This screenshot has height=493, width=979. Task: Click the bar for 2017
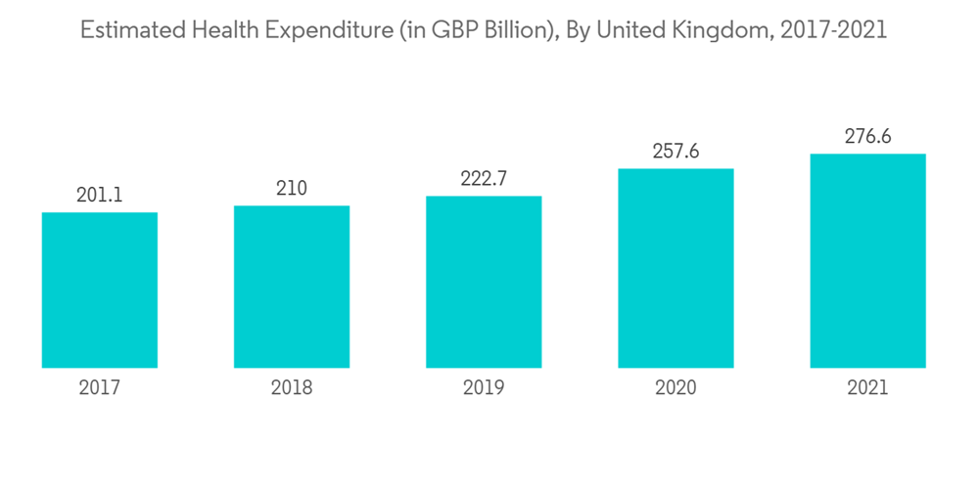100,291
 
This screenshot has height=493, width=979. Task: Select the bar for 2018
292,287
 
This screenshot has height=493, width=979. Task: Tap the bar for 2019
484,282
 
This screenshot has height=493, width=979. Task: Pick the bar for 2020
676,268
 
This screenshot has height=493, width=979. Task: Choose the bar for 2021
867,260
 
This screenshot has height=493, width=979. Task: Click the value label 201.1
100,196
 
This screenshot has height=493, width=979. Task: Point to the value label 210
292,189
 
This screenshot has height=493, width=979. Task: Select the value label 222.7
484,179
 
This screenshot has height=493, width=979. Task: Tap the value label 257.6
676,152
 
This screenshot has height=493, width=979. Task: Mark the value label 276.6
867,137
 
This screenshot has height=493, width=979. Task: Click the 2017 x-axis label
100,388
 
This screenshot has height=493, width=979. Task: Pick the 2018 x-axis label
292,388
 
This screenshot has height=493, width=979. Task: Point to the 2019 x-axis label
484,388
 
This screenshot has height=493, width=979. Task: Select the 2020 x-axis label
676,388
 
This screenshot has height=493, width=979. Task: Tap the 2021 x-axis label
867,388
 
